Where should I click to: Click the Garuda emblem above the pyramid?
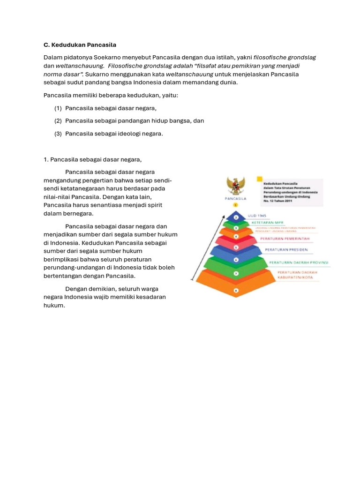tap(236, 186)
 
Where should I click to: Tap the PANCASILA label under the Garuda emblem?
tap(236, 198)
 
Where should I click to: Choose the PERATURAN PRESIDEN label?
tap(286, 249)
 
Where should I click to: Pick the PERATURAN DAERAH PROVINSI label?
tap(299, 262)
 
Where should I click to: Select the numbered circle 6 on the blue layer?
tap(236, 259)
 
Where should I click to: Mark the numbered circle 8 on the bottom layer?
tap(236, 290)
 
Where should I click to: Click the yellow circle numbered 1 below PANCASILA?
tap(236, 205)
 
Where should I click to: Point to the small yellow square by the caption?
tap(259, 179)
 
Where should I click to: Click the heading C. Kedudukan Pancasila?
tap(80, 45)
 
